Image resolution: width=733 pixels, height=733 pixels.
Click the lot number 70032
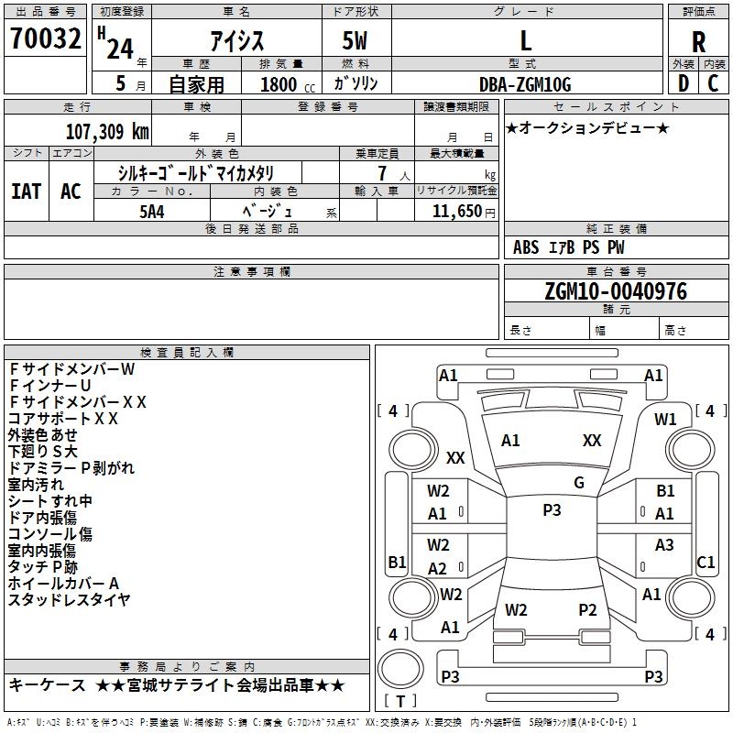[45, 38]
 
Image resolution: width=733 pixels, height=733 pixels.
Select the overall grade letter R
[698, 42]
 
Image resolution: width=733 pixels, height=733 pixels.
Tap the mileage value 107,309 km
[107, 132]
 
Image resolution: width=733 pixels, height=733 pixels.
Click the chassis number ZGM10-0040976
[616, 291]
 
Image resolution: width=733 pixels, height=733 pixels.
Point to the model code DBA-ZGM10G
[525, 84]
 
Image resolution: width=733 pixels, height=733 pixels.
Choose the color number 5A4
[152, 212]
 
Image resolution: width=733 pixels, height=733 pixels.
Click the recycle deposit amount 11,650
[456, 212]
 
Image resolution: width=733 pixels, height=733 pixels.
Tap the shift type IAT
[27, 191]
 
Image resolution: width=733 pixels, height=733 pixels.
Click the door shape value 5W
[355, 40]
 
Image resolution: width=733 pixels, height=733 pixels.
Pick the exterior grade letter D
[684, 83]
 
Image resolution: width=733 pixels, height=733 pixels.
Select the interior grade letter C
[713, 83]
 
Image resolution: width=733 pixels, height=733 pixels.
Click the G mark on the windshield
[579, 483]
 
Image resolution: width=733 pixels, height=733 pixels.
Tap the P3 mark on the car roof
[552, 510]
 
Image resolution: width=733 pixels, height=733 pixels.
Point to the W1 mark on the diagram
[665, 420]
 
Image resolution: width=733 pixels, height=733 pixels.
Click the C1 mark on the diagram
[706, 562]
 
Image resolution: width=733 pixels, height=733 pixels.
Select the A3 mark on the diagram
[664, 544]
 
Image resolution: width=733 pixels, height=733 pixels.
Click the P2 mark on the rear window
[587, 610]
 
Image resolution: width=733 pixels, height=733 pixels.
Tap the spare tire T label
[400, 701]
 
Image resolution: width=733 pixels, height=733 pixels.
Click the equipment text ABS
[526, 247]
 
